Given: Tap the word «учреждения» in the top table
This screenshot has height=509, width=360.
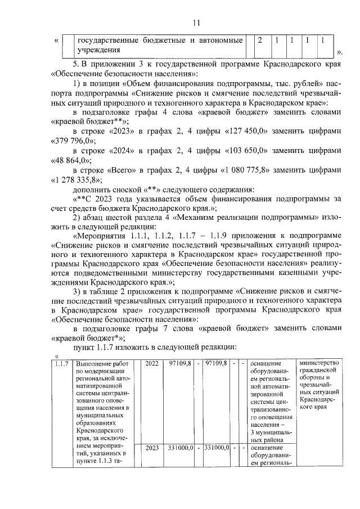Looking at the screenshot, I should click(100, 51).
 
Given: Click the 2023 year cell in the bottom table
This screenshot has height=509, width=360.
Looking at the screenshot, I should click(152, 448).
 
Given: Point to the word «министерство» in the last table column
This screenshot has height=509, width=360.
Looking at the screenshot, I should click(321, 363).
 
